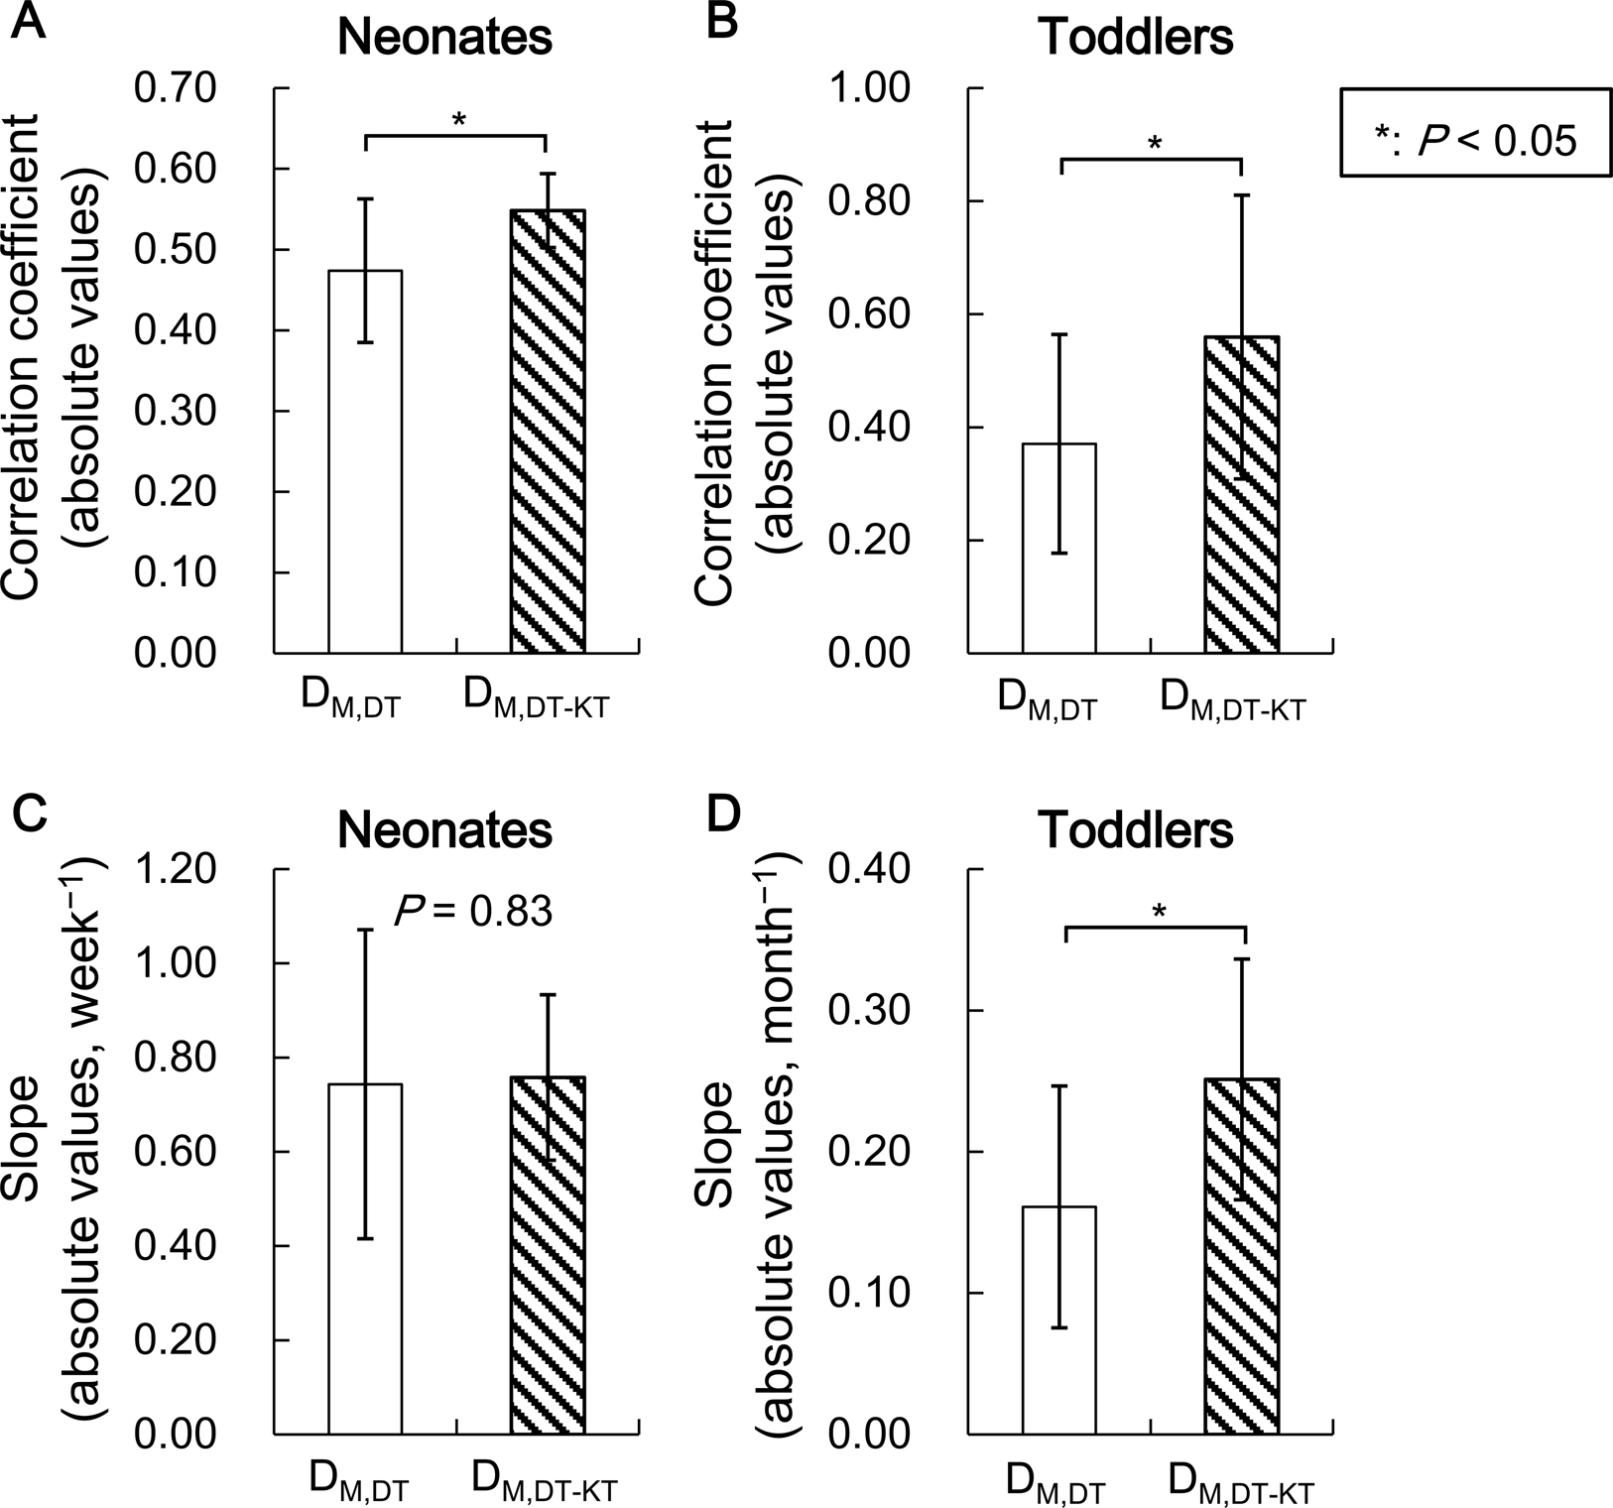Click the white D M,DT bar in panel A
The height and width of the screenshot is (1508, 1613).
click(365, 461)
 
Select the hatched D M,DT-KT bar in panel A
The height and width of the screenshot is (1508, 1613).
click(548, 432)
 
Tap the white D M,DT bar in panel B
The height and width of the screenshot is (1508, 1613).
click(1058, 548)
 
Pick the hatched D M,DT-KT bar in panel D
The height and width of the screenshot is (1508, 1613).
click(1241, 1256)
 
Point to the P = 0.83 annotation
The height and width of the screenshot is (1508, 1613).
click(473, 910)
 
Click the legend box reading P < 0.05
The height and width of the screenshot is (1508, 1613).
click(1475, 132)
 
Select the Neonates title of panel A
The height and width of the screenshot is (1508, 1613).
click(444, 38)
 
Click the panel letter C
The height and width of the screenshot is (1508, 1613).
click(30, 816)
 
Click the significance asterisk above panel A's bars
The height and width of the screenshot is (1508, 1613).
click(458, 121)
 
